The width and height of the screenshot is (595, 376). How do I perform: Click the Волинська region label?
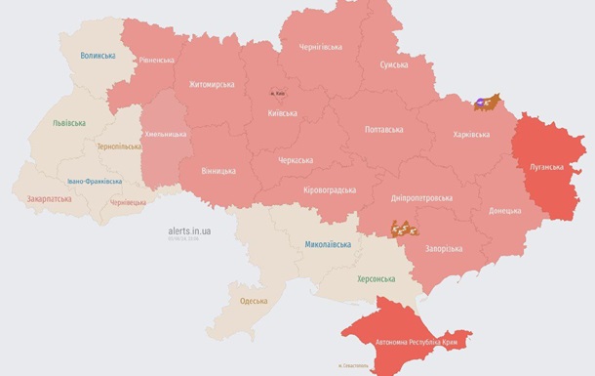pyautogui.click(x=98, y=56)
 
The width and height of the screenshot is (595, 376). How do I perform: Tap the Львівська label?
pyautogui.click(x=69, y=123)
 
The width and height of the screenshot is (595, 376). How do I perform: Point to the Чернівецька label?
pyautogui.click(x=128, y=202)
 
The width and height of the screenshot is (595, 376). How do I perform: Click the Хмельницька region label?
pyautogui.click(x=165, y=134)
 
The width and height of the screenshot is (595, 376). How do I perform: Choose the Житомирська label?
pyautogui.click(x=212, y=84)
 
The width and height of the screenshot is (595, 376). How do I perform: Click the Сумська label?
pyautogui.click(x=394, y=64)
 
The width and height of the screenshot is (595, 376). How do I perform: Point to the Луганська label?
pyautogui.click(x=546, y=167)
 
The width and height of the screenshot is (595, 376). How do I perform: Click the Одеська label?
pyautogui.click(x=253, y=300)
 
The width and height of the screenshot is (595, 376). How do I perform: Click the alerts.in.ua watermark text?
pyautogui.click(x=189, y=231)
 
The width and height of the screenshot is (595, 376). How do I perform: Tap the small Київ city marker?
pyautogui.click(x=278, y=93)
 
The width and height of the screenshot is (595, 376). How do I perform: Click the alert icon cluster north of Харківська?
pyautogui.click(x=487, y=102)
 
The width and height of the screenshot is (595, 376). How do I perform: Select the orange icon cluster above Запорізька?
pyautogui.click(x=401, y=230)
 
